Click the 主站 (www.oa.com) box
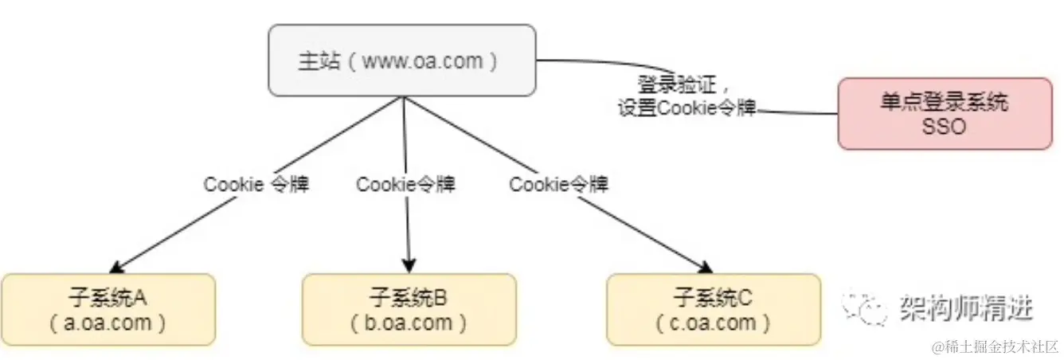click(x=401, y=61)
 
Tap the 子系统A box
click(x=108, y=310)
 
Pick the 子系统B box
click(x=409, y=310)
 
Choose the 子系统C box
click(x=714, y=310)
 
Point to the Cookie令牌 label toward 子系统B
click(x=406, y=185)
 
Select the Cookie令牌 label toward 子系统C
click(x=559, y=185)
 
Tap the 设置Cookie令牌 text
click(x=687, y=108)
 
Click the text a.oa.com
click(x=108, y=323)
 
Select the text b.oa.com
click(x=409, y=323)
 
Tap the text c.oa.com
click(x=714, y=323)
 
